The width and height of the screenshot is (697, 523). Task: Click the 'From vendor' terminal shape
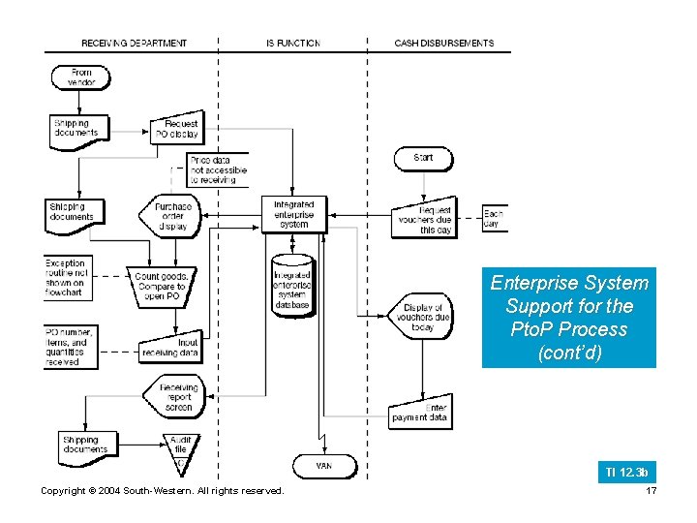click(x=81, y=77)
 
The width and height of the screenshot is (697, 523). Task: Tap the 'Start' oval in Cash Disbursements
click(x=423, y=157)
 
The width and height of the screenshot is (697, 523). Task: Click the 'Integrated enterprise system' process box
click(x=293, y=215)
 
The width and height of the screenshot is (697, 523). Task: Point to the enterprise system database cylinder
click(x=292, y=285)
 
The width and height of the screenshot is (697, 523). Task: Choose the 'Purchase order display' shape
click(x=170, y=216)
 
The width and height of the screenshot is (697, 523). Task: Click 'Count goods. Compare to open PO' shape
click(x=161, y=287)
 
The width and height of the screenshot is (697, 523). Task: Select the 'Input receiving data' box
click(x=170, y=347)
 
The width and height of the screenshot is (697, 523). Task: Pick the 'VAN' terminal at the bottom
click(x=324, y=466)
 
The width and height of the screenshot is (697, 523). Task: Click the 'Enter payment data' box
click(x=419, y=413)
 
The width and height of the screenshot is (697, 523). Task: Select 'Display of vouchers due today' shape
click(x=423, y=317)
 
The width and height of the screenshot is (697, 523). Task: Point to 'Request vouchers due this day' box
click(x=424, y=219)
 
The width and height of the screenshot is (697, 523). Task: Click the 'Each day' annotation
click(x=494, y=219)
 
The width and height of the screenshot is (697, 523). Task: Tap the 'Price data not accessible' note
click(x=218, y=169)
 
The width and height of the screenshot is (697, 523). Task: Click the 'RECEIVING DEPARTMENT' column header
click(x=135, y=44)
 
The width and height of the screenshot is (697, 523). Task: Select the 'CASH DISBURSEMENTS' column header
click(x=443, y=44)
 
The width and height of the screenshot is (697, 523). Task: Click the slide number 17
click(x=651, y=491)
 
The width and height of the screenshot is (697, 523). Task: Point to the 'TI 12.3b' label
click(x=626, y=472)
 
